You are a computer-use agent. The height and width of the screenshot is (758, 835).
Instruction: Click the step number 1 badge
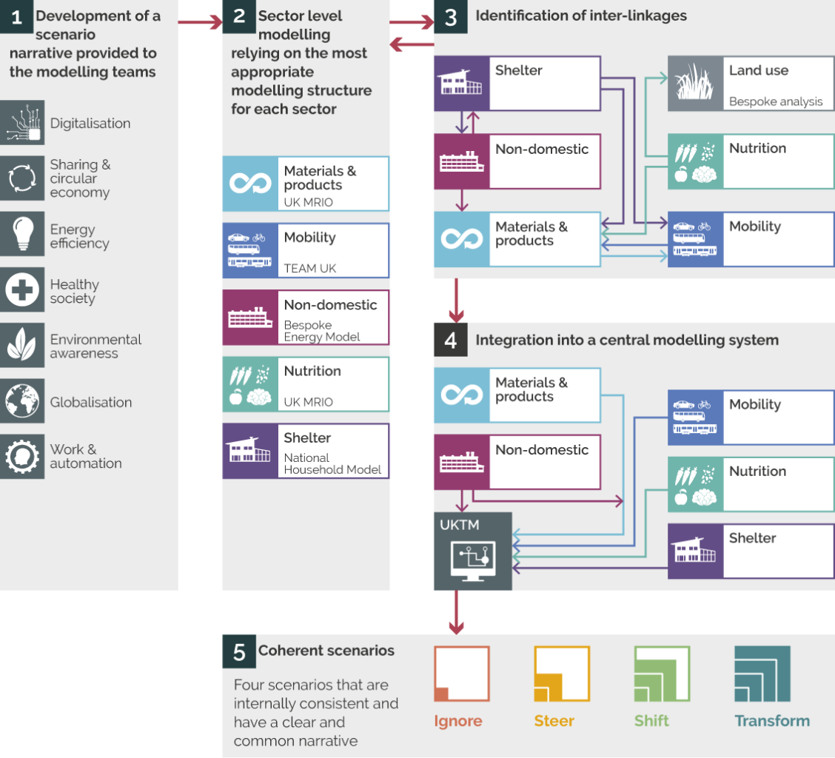(16, 16)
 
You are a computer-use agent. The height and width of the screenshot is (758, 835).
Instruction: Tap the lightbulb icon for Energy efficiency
(22, 234)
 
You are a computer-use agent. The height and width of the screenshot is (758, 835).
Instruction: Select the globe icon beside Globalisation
(22, 400)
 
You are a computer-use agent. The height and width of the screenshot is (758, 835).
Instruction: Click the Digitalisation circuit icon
(22, 123)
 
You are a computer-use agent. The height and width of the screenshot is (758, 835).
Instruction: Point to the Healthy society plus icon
(22, 289)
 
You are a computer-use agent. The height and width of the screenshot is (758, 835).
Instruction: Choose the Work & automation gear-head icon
(22, 456)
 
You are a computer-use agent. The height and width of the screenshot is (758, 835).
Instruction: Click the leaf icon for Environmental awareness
(22, 345)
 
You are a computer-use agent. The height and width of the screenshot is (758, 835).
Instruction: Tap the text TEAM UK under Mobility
(309, 269)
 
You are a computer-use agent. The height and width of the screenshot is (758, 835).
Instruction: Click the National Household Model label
(332, 463)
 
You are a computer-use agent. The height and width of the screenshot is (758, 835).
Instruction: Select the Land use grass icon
(694, 84)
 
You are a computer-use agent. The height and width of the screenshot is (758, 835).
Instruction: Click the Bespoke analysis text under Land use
(775, 101)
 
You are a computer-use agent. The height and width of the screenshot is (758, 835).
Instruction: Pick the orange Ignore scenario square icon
(461, 674)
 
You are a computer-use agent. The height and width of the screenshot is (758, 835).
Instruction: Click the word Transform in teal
(771, 721)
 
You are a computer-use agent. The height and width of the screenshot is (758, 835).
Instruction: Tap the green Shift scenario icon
(661, 674)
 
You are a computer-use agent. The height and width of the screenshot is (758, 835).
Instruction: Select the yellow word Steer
(554, 721)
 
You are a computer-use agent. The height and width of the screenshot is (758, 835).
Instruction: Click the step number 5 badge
(238, 651)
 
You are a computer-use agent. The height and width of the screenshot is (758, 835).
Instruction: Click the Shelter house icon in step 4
(694, 551)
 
